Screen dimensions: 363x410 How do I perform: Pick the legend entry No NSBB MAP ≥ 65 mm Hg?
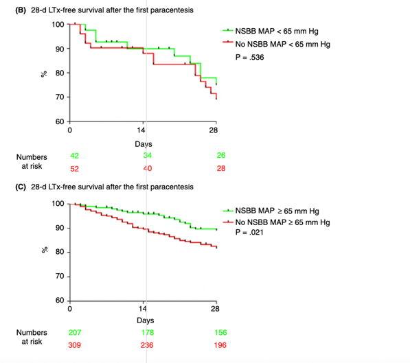tap(282, 223)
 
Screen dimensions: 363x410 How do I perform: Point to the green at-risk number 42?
tap(74, 156)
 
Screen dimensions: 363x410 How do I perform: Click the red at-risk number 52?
tap(74, 168)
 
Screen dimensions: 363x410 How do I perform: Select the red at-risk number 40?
tap(146, 168)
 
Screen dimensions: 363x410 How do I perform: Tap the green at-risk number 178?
tap(146, 333)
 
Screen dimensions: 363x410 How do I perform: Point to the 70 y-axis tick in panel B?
tap(60, 97)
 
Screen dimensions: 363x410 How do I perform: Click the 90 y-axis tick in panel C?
tap(60, 229)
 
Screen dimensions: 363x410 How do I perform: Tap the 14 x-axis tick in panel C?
tap(144, 309)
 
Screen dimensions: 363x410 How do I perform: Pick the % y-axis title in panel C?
tap(43, 253)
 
